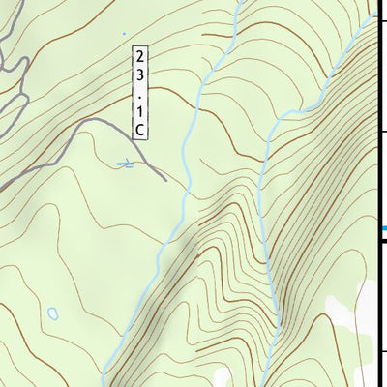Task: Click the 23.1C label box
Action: tap(140, 91)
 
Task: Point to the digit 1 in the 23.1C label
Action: tap(140, 109)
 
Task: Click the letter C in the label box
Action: tap(140, 129)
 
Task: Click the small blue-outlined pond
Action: tap(51, 314)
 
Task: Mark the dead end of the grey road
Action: tap(165, 180)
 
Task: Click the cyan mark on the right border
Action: tap(383, 228)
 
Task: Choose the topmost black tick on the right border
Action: tap(382, 19)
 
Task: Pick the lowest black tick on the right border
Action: tap(382, 351)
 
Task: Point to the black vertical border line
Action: tap(378, 174)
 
